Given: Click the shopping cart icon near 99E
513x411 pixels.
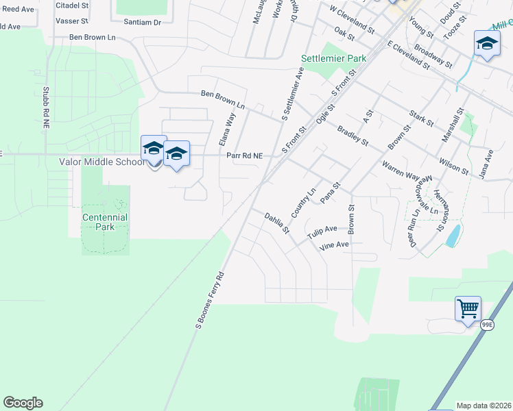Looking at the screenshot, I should [x=468, y=308].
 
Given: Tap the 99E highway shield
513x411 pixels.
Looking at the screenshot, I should [x=486, y=325].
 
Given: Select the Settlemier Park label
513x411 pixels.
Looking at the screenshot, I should [x=334, y=59].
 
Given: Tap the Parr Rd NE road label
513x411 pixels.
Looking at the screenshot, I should [x=245, y=155].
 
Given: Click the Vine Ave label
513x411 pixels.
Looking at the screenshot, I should [x=335, y=244].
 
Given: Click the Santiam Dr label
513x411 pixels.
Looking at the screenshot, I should [x=142, y=22].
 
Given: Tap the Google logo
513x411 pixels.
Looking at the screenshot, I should [x=23, y=403].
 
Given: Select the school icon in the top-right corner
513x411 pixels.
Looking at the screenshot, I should [x=487, y=45].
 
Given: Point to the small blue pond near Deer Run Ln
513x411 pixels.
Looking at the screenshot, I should [x=453, y=236].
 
